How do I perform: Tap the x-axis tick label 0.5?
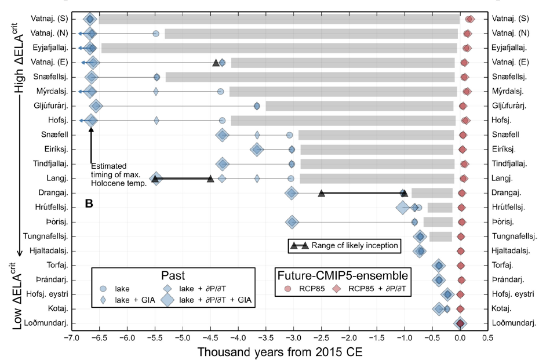coord(487,337)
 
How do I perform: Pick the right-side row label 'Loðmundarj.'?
coord(513,323)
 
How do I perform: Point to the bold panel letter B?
coord(89,204)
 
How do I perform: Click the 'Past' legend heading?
coord(173,274)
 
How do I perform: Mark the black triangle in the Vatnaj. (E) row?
coord(216,63)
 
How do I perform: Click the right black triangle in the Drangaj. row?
coord(405,193)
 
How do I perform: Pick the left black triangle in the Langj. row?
coord(155,179)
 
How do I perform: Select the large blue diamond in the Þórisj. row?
coord(292,222)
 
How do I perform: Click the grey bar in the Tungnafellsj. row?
coord(440,236)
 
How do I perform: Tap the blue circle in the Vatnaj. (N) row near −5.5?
coord(156,34)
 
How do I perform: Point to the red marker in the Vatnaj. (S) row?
coord(470,19)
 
